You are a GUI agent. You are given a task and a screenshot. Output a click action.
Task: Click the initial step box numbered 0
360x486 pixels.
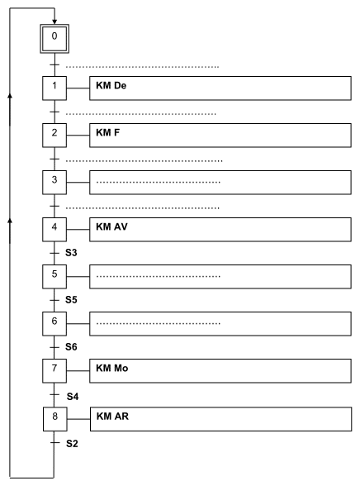click(x=54, y=39)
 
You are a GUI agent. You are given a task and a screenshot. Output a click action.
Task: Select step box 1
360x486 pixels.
click(x=54, y=88)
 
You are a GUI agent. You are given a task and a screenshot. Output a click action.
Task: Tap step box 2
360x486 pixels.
click(x=54, y=136)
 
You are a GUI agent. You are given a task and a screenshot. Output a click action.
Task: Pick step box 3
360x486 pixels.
click(x=54, y=182)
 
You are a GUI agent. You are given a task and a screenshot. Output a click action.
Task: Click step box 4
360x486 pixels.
click(x=54, y=230)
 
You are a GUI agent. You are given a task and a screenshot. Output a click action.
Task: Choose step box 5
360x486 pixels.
click(x=54, y=276)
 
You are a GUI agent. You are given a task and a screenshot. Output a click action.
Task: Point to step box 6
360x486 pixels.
click(x=54, y=324)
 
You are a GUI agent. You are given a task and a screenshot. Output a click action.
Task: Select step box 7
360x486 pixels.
click(x=54, y=370)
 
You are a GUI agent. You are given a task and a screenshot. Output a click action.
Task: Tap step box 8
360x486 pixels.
click(x=55, y=419)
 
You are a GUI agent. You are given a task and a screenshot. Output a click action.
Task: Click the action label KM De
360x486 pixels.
click(x=111, y=86)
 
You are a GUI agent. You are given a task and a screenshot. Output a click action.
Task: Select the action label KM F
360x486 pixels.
click(x=107, y=132)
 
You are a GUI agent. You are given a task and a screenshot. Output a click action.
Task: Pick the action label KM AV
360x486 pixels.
click(x=111, y=226)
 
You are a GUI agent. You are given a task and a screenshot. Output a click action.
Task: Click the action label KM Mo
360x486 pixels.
click(x=112, y=369)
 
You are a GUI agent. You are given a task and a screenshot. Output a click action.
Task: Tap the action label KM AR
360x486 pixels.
click(x=112, y=417)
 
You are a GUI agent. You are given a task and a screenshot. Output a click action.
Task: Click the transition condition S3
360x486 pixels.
click(x=71, y=253)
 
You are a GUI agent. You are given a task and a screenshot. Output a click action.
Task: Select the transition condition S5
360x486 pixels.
click(x=71, y=300)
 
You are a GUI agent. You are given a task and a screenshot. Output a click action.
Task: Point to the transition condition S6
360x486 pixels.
click(x=71, y=347)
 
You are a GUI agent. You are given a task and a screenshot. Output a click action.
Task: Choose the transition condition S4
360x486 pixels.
click(x=73, y=397)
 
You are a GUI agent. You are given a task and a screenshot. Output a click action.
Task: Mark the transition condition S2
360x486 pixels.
click(x=72, y=444)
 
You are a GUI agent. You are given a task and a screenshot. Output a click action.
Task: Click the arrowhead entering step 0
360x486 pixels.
click(x=54, y=22)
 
